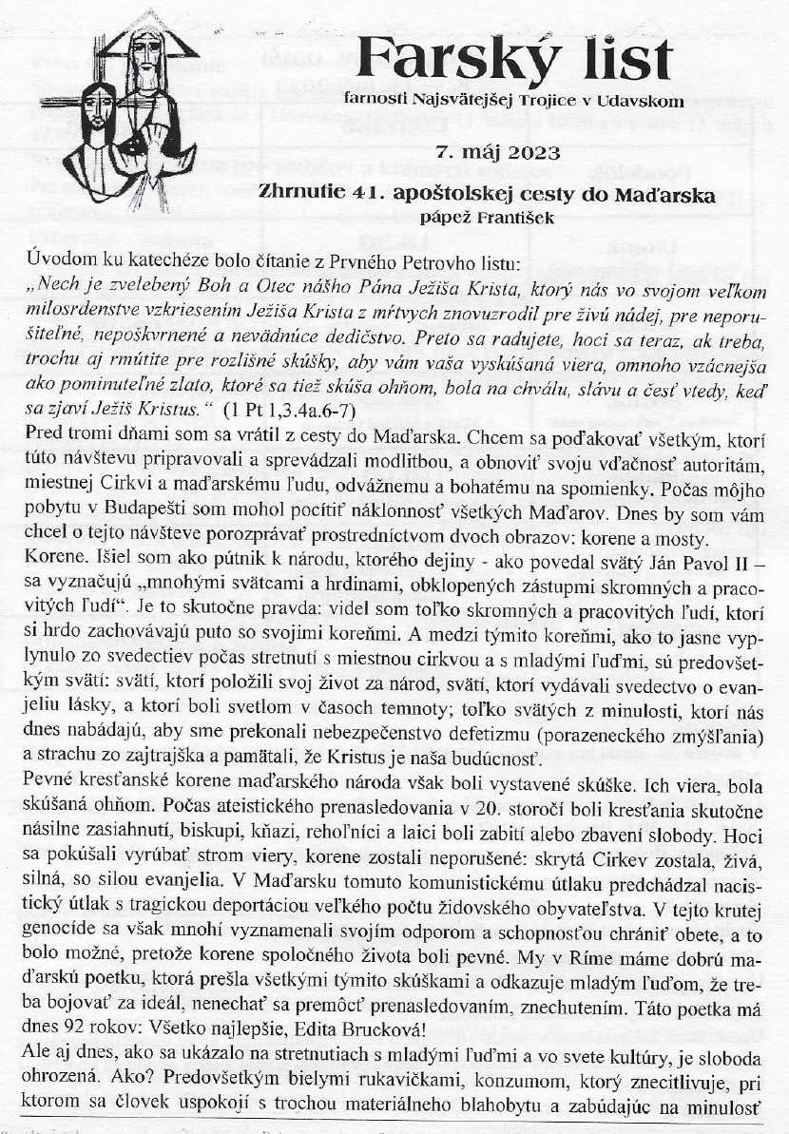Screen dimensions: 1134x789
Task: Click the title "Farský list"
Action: [x=515, y=60]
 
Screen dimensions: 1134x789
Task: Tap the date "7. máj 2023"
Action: [x=497, y=151]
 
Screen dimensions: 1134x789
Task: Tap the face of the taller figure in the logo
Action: [x=145, y=52]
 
